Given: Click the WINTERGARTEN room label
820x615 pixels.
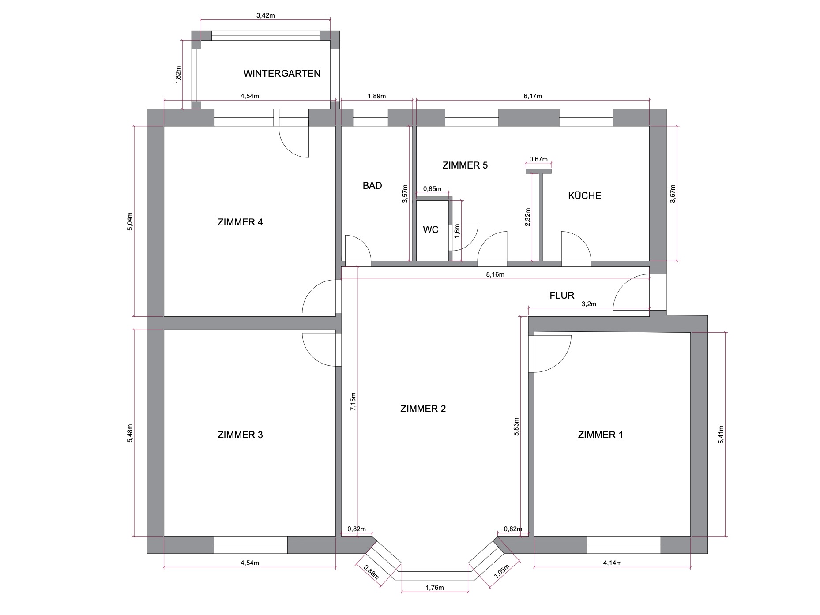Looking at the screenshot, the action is pos(282,74).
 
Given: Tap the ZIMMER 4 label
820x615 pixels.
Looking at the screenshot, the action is pos(240,222).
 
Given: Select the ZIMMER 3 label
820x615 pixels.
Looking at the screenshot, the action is pos(240,435).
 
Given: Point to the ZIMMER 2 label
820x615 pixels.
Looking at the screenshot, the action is pos(423,409).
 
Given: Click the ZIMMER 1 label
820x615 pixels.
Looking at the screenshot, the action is pos(600,435).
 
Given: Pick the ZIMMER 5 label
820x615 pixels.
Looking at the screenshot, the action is pos(465,165).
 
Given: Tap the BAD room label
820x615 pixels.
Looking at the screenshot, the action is pos(372,186).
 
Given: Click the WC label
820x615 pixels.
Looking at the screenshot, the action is pos(431,230).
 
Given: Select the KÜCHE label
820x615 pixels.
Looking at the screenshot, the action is pos(584,195).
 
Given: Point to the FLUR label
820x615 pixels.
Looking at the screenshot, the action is pos(562,295).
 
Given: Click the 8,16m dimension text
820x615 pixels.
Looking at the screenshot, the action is pos(495,274).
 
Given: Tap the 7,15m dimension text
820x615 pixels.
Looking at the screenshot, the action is pos(353,401).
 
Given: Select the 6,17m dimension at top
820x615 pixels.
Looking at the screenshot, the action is pos(532,96).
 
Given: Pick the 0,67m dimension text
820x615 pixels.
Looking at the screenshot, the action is pos(538,159).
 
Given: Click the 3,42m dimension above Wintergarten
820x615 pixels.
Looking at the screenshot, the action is pos(266,15).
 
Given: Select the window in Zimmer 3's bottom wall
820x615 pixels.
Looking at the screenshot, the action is pos(251,545).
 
